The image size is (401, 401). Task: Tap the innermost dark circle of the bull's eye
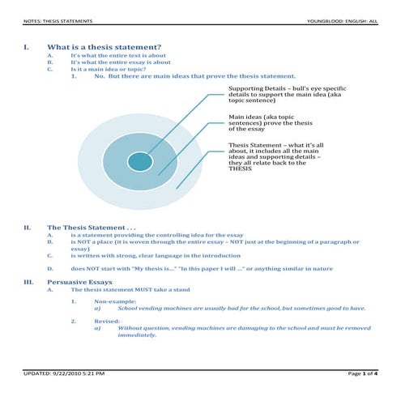140,161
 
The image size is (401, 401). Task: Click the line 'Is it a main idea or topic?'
109,69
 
